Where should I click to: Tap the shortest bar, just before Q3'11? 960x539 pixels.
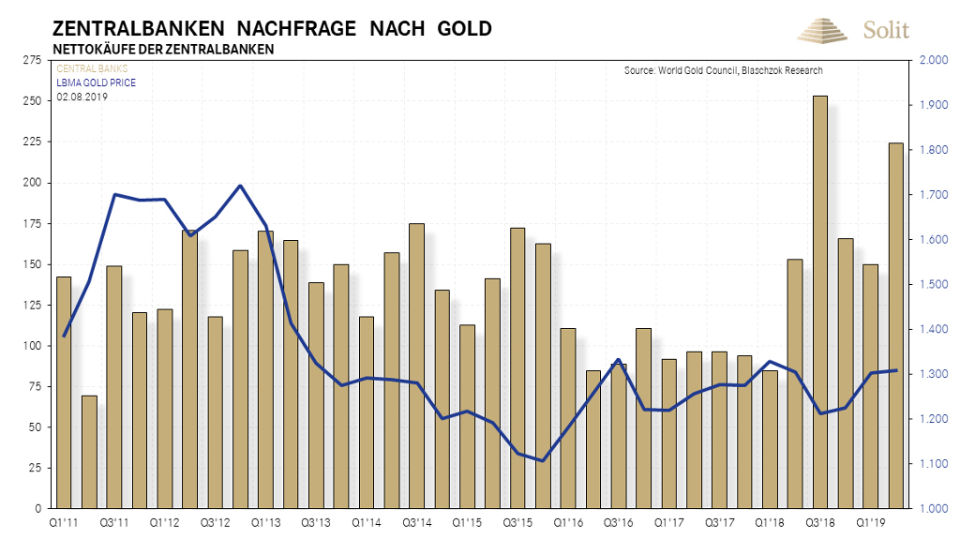pyautogui.click(x=89, y=452)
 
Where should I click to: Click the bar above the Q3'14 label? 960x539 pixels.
pyautogui.click(x=416, y=366)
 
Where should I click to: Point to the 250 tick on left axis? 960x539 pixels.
pyautogui.click(x=35, y=101)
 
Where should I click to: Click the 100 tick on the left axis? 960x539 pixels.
pyautogui.click(x=35, y=346)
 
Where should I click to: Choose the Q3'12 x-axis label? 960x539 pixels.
pyautogui.click(x=215, y=520)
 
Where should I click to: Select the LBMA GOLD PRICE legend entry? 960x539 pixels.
pyautogui.click(x=97, y=82)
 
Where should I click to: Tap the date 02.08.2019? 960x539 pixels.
pyautogui.click(x=82, y=96)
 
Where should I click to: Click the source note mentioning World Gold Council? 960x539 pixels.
pyautogui.click(x=723, y=70)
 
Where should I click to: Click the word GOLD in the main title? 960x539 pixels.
pyautogui.click(x=464, y=28)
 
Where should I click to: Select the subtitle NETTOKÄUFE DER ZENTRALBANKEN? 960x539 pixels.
pyautogui.click(x=163, y=49)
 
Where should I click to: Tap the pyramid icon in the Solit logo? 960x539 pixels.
pyautogui.click(x=822, y=30)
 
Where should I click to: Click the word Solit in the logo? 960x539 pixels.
pyautogui.click(x=886, y=30)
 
